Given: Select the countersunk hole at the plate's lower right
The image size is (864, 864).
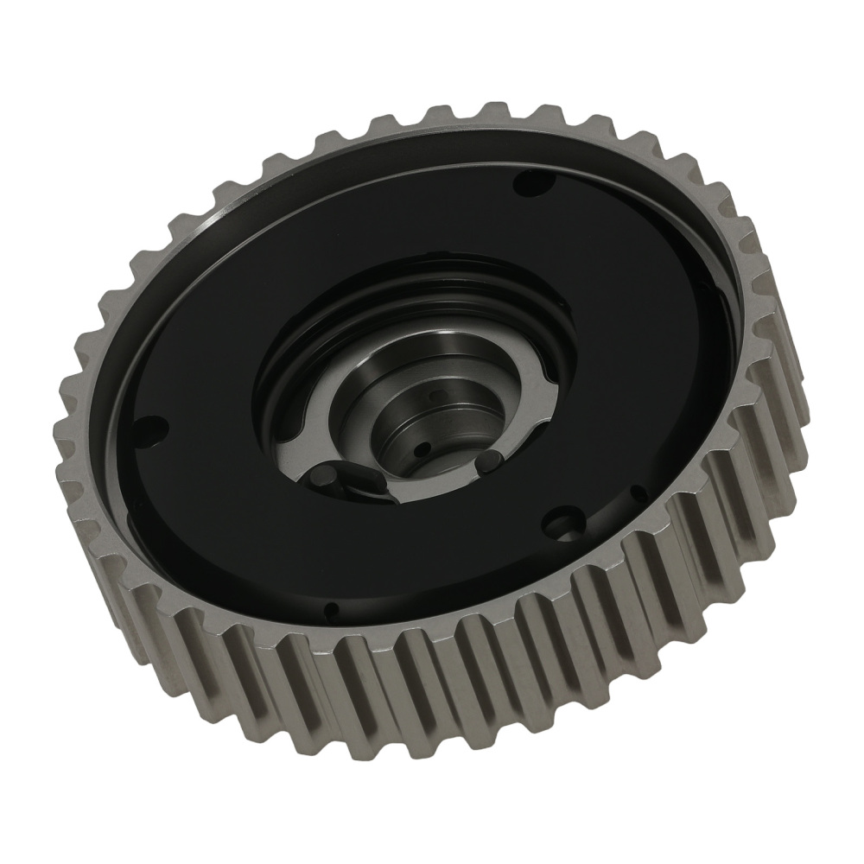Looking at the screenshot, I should coord(567,525).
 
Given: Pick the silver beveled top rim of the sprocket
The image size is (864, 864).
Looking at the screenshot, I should coord(259,173).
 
